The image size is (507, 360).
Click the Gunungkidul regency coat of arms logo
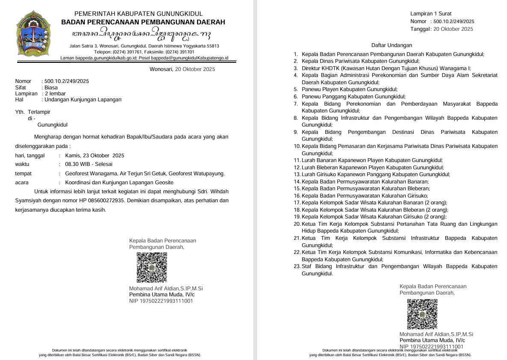[33, 34]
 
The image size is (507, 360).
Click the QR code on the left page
[151, 268]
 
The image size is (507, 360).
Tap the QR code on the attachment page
[422, 314]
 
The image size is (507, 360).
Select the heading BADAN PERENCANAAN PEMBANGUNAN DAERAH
[143, 22]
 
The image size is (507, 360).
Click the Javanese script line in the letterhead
[142, 34]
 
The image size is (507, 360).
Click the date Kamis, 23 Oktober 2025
[95, 156]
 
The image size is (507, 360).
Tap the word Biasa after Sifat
[51, 87]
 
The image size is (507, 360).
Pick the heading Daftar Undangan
[391, 45]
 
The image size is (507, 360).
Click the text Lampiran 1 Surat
[430, 14]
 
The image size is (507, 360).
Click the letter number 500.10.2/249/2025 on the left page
[67, 81]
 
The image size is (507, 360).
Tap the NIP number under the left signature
[161, 301]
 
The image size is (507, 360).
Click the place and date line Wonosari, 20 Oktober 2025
[182, 69]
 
